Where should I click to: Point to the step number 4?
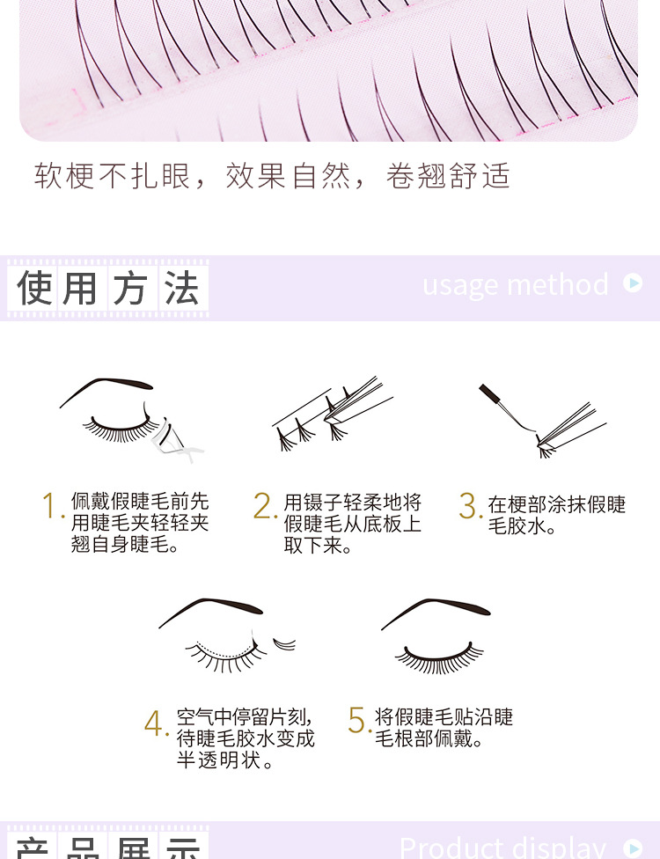154,723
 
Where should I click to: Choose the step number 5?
356,720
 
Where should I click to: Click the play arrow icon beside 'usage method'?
632,283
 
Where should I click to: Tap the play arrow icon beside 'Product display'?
632,848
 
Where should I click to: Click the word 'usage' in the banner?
461,285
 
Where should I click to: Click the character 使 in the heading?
34,289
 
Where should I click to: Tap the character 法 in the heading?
181,289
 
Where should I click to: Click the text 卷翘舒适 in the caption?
448,176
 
